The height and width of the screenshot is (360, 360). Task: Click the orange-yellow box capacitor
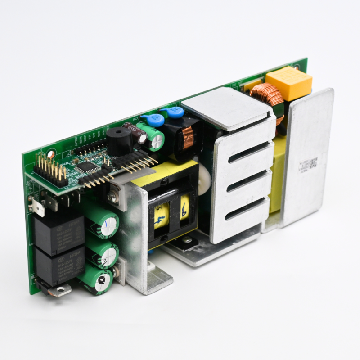pos(289,83)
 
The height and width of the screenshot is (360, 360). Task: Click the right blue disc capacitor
pos(176,112)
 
